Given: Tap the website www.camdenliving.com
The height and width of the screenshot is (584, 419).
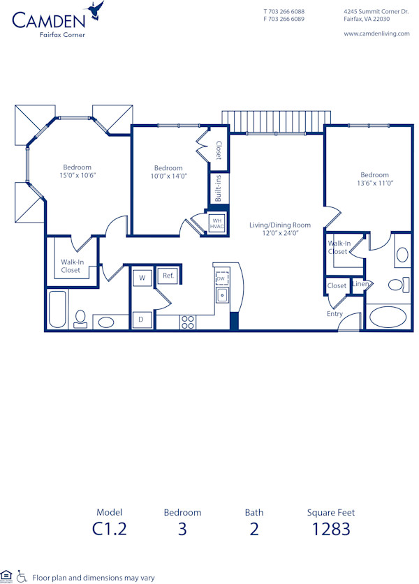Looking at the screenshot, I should [x=376, y=34].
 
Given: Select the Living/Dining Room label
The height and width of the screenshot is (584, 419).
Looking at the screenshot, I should [x=279, y=225].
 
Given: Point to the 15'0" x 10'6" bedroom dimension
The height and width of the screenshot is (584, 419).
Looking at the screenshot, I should [x=77, y=176].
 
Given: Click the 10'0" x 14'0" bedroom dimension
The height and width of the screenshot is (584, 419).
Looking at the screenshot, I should [x=168, y=177].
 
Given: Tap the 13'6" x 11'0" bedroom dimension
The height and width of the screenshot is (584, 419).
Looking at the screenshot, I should [x=374, y=184].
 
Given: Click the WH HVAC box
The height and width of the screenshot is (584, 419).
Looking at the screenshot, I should [x=216, y=223].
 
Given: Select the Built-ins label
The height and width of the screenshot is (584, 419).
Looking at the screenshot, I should [x=218, y=188].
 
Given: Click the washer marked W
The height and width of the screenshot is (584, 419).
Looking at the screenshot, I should [x=142, y=278].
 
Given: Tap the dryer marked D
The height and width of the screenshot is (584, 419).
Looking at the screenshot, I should [x=141, y=320].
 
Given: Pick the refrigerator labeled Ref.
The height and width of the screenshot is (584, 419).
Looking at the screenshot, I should [x=168, y=276].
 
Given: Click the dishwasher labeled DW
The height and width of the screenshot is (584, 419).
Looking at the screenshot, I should [x=221, y=278].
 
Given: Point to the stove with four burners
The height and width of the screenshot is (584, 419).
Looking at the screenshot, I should [x=188, y=322].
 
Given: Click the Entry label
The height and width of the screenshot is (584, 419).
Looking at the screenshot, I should [x=335, y=314].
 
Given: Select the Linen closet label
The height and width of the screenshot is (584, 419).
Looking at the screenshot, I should [x=360, y=284].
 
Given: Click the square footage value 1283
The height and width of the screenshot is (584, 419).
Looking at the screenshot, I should [x=330, y=529].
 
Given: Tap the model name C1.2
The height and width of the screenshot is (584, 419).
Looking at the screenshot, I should [x=110, y=529].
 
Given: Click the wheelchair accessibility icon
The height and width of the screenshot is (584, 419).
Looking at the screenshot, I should [x=21, y=576].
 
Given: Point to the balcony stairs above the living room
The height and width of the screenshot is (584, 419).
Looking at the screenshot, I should [x=276, y=120].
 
